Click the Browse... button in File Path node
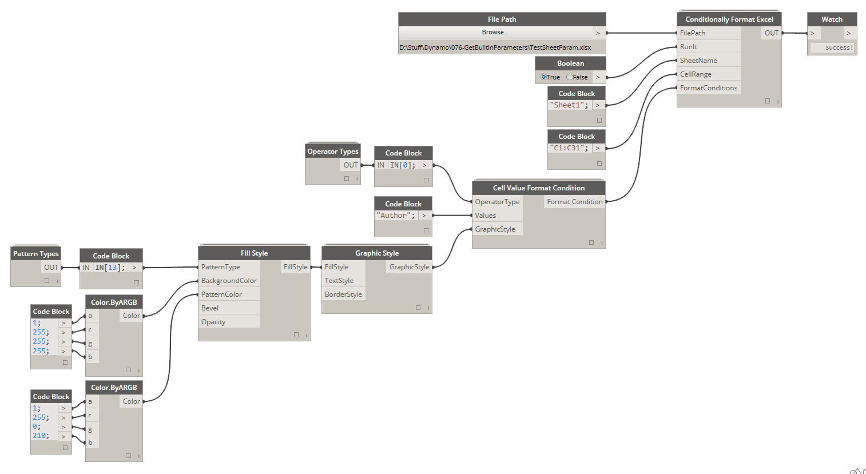point(495,33)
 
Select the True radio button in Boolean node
point(544,77)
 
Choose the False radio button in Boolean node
point(570,77)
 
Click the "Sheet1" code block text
point(569,105)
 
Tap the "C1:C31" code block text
point(569,148)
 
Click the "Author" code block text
point(396,216)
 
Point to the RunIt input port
point(689,47)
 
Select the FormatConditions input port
point(708,88)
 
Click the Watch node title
point(832,19)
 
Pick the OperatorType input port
point(497,202)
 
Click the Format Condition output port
point(574,202)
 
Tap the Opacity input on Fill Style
point(213,322)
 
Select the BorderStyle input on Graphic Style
point(343,294)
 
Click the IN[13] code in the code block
point(109,268)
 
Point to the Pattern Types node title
point(36,254)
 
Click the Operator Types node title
point(333,152)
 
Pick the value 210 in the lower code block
point(40,436)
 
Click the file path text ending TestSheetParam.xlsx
point(495,47)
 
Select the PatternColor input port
point(221,294)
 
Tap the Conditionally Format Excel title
point(729,19)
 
